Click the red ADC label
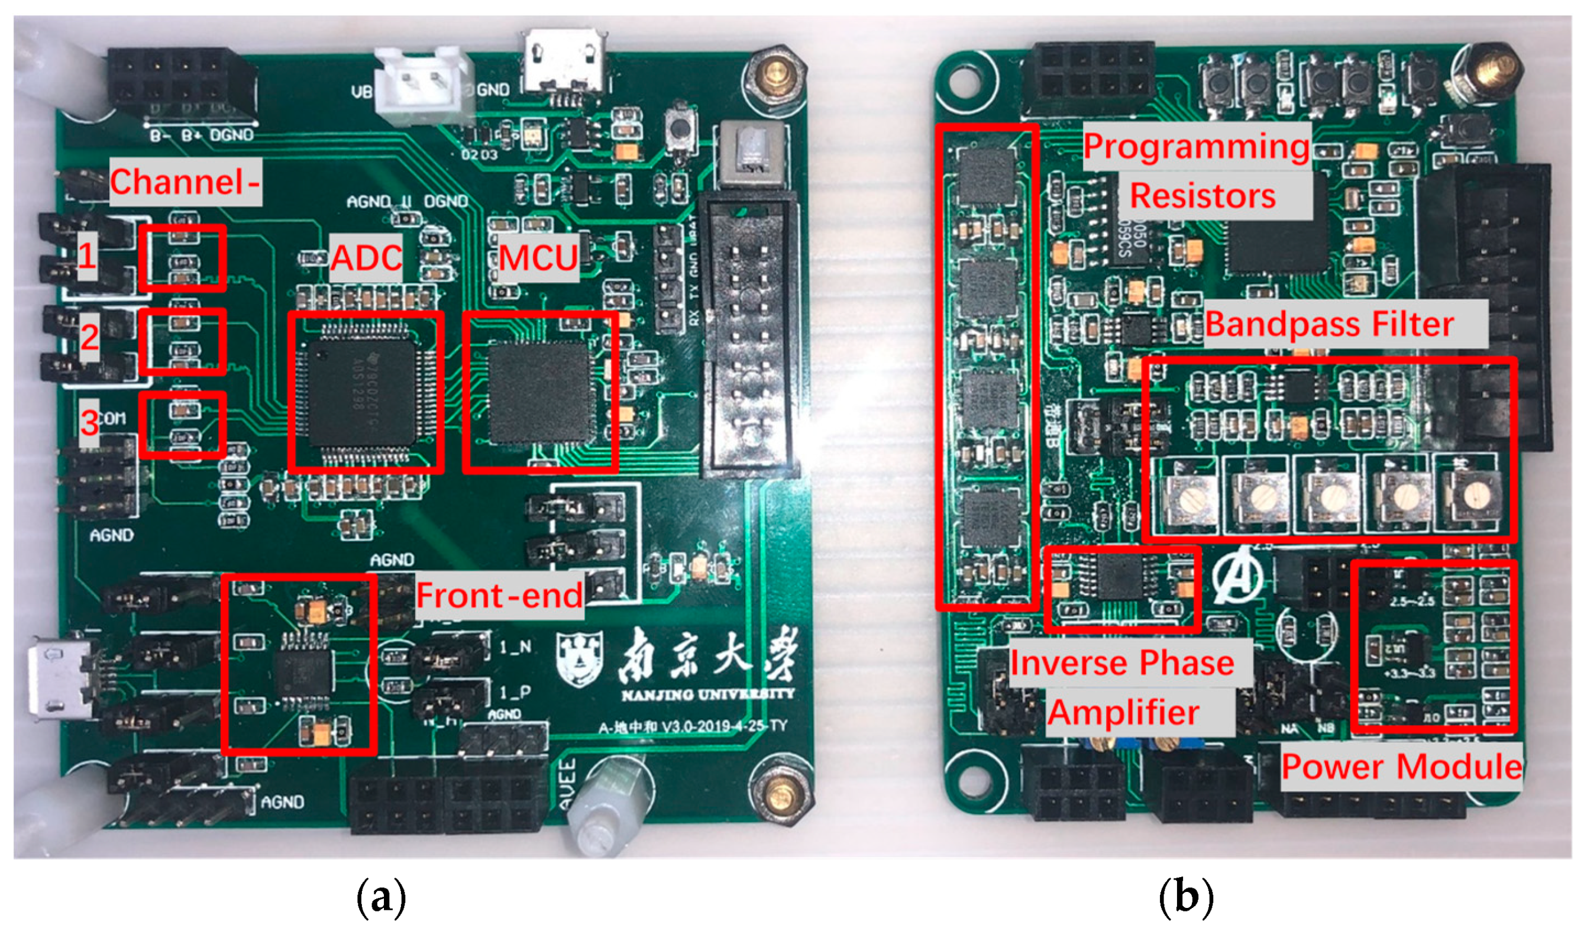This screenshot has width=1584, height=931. (366, 257)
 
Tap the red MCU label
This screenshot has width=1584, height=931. (538, 258)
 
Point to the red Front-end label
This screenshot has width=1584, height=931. (500, 595)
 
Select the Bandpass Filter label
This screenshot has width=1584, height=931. (1330, 324)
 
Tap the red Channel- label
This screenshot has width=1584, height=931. (185, 182)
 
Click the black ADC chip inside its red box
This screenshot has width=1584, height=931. (363, 392)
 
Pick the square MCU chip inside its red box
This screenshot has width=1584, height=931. (539, 392)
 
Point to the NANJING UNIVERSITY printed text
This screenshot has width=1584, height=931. (708, 695)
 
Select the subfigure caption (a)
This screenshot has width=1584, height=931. (381, 898)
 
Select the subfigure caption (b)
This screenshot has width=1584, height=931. (1185, 898)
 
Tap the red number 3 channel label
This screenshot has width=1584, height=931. (89, 422)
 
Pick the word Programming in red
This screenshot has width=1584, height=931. (1196, 147)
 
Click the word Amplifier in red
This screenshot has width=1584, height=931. (1123, 712)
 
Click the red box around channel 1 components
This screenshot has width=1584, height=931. (182, 258)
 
